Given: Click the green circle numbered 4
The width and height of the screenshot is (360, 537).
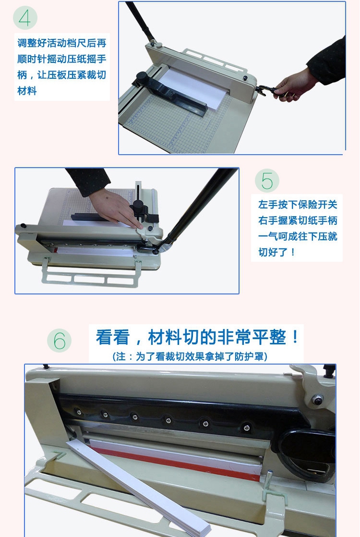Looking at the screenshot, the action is (x=25, y=17).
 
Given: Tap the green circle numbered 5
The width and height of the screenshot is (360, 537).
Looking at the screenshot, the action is (x=267, y=181).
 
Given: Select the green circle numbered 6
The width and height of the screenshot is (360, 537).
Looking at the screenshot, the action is (x=59, y=341).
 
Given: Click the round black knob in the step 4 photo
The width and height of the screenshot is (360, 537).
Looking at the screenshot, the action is (x=141, y=77).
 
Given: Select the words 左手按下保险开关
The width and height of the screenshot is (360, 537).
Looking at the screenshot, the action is (x=298, y=205).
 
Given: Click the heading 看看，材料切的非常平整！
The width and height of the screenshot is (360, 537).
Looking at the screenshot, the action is (x=198, y=337).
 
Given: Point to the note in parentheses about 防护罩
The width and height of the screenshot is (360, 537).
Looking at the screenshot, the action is (x=190, y=356).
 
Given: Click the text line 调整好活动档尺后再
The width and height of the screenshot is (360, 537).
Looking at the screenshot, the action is (x=62, y=43).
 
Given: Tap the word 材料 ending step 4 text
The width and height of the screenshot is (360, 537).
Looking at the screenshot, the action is (x=27, y=91).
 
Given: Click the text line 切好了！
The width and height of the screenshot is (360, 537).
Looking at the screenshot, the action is (x=277, y=252).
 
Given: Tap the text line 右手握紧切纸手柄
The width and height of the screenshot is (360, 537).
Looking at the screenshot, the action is (x=298, y=220).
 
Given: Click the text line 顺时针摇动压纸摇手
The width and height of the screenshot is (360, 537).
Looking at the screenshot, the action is (x=62, y=59).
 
